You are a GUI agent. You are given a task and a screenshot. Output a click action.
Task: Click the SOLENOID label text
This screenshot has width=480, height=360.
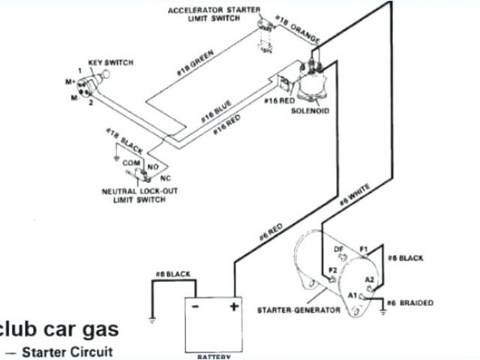pyautogui.click(x=311, y=112)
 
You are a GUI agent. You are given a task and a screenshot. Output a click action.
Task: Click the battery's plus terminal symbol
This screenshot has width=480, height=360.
pyautogui.click(x=233, y=307)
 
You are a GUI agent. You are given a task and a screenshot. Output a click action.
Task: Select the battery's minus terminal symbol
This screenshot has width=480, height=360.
pyautogui.click(x=194, y=307)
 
